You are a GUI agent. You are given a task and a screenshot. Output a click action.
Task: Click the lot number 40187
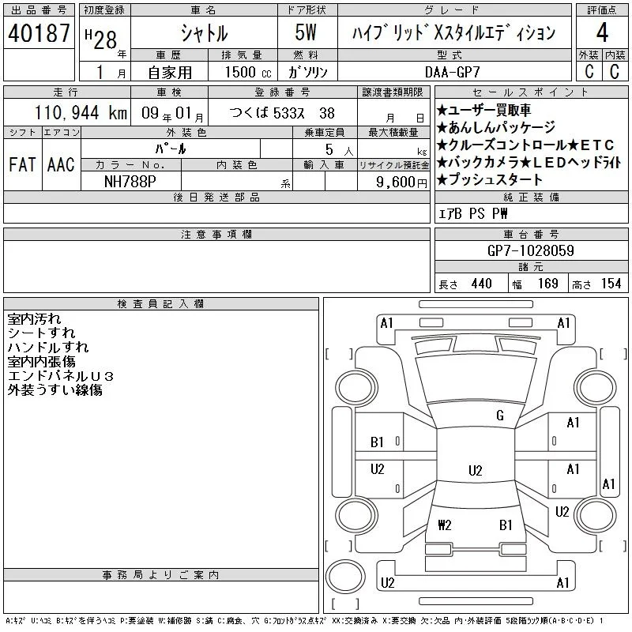[39, 33]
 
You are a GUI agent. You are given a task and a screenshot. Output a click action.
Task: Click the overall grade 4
[602, 32]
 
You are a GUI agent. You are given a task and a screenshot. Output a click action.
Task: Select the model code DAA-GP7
[453, 72]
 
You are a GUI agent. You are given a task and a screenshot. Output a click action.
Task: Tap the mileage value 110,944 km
[81, 112]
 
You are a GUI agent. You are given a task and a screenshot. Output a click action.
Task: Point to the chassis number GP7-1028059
[530, 250]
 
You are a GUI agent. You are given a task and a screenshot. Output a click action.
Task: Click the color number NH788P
[130, 182]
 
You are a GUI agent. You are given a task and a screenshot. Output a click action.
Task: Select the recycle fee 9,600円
[401, 182]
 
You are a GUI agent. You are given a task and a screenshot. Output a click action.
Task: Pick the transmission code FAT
[22, 164]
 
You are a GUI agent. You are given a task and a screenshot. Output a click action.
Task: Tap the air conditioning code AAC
[61, 164]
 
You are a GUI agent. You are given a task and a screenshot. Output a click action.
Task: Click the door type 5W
[306, 32]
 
